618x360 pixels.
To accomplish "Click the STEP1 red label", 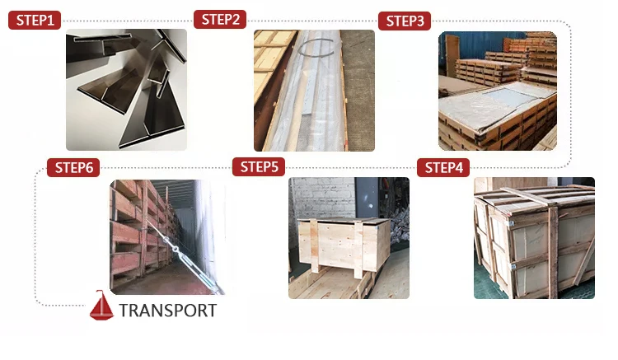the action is coord(35,20).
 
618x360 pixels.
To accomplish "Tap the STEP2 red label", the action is coord(220,19).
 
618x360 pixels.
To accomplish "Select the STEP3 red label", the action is coord(405,21).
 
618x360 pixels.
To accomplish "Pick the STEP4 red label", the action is coord(443,168).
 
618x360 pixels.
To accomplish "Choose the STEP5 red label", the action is coord(259,167).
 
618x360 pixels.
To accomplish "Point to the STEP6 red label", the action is coord(73,168).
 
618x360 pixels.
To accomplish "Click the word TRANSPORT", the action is coord(168,311).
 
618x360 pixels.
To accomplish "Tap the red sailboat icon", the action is coord(101,306).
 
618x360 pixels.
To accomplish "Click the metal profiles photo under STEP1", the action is coord(127,90).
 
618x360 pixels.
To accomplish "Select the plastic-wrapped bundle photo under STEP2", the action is coord(314,91).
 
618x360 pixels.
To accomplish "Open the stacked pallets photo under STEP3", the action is coord(498,91).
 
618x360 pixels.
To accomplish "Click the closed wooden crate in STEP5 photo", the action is coord(344,246).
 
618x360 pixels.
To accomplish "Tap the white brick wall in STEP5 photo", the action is coord(322,198).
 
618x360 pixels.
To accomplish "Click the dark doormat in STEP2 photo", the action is coord(358,91).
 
